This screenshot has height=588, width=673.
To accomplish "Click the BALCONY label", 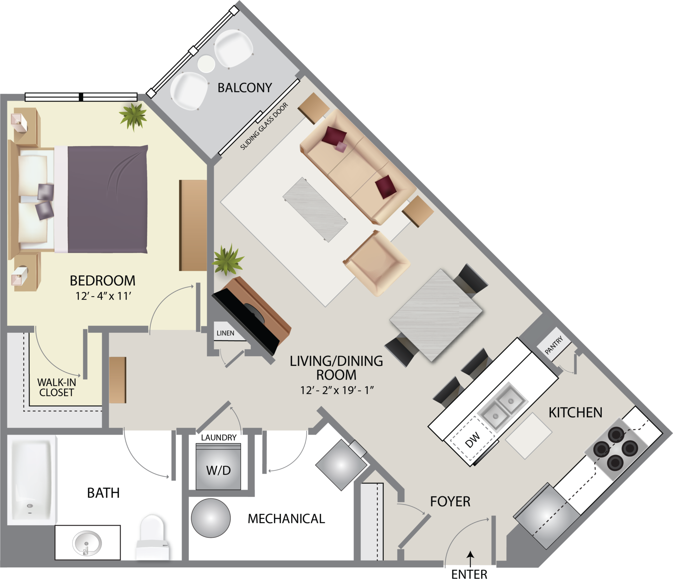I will point(245,88).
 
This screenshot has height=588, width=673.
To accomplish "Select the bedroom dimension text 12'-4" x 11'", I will point(103,296).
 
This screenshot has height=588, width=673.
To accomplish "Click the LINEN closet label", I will point(225,333).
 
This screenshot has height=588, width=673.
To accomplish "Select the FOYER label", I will point(450,501).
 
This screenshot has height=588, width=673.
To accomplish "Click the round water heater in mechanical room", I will point(211,518).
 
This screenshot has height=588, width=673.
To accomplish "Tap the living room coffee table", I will point(315,209).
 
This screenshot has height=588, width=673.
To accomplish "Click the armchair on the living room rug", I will point(377,263).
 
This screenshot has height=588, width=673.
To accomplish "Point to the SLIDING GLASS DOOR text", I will point(264,127).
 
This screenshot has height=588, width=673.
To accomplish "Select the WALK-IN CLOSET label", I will point(56,387).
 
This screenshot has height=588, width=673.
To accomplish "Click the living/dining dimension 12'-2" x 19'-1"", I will point(336,390).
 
